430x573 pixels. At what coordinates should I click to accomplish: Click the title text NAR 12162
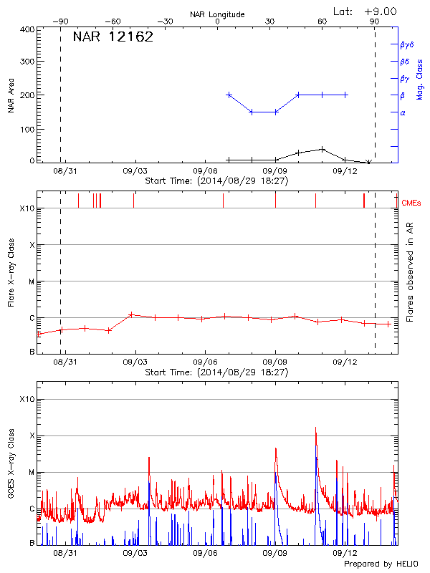[113, 38]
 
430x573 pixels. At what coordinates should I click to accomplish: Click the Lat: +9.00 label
[365, 11]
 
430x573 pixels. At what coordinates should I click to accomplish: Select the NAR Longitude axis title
[217, 14]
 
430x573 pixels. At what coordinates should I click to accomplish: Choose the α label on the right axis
[403, 112]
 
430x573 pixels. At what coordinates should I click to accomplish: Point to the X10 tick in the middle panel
[27, 208]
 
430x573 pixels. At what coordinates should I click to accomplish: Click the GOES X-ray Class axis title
[11, 466]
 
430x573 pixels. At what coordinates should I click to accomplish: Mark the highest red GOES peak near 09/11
[315, 428]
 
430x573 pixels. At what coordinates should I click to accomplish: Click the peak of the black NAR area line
[323, 149]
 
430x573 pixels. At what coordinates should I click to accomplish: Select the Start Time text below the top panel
[216, 181]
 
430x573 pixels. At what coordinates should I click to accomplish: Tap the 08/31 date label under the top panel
[64, 171]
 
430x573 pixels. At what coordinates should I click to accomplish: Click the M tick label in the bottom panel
[31, 472]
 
